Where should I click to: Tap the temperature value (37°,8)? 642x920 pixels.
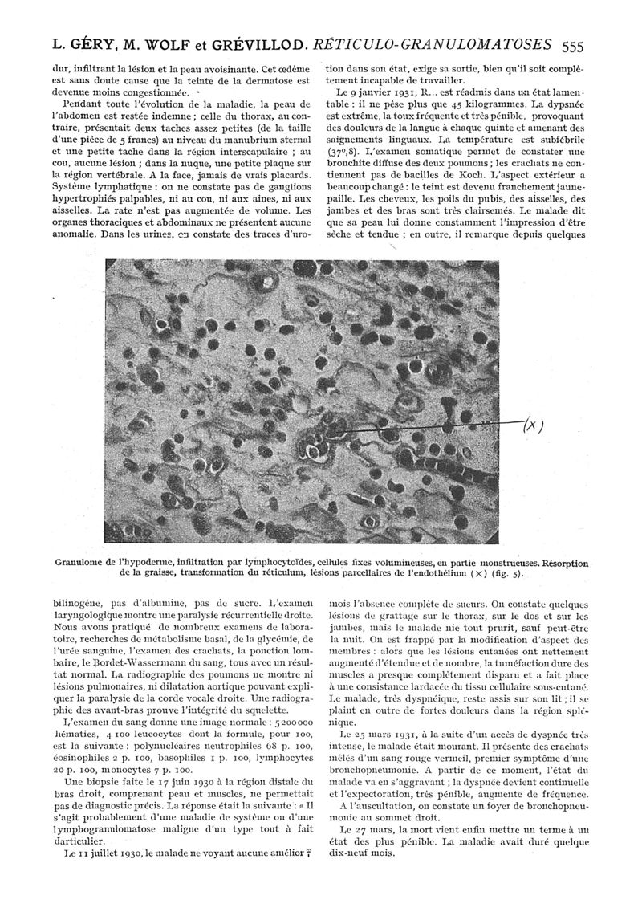pyautogui.click(x=347, y=152)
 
